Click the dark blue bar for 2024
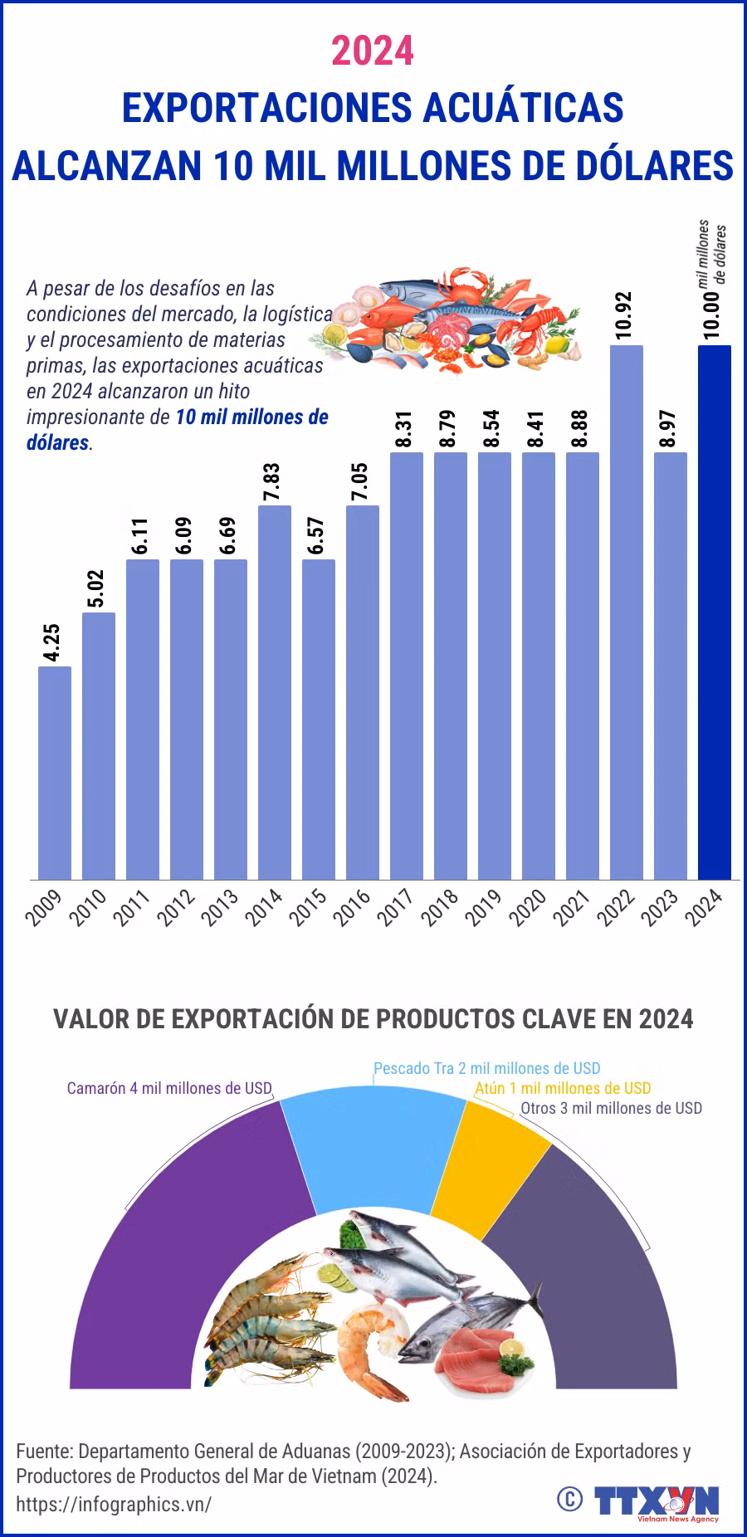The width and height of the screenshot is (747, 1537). [x=714, y=612]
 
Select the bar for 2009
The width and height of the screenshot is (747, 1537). [x=55, y=773]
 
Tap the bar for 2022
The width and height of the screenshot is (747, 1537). [x=627, y=612]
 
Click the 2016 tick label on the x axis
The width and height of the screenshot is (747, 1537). [x=353, y=906]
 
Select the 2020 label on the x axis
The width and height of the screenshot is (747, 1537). [x=529, y=906]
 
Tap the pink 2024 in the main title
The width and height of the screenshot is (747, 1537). [x=373, y=51]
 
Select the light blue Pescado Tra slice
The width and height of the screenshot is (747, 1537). [x=373, y=1145]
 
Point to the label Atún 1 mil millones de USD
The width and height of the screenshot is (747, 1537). [x=563, y=1088]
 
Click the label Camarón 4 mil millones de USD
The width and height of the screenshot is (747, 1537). [x=169, y=1088]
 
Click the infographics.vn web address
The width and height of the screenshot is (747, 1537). [x=114, y=1505]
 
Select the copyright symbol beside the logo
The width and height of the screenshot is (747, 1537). [x=569, y=1499]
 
